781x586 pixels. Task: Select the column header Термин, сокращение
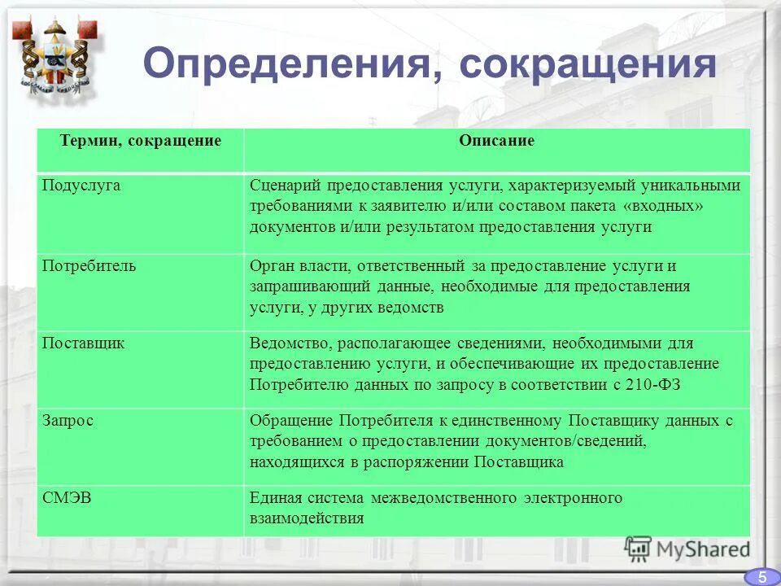pos(140,141)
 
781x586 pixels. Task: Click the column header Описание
pos(496,141)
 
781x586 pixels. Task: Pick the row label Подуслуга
pos(81,185)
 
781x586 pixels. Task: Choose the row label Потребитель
pos(89,265)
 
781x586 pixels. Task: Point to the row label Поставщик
pos(84,343)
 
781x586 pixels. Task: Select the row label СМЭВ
pos(67,497)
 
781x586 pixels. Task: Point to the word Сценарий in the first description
pos(281,186)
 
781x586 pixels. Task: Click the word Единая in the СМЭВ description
pos(274,498)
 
